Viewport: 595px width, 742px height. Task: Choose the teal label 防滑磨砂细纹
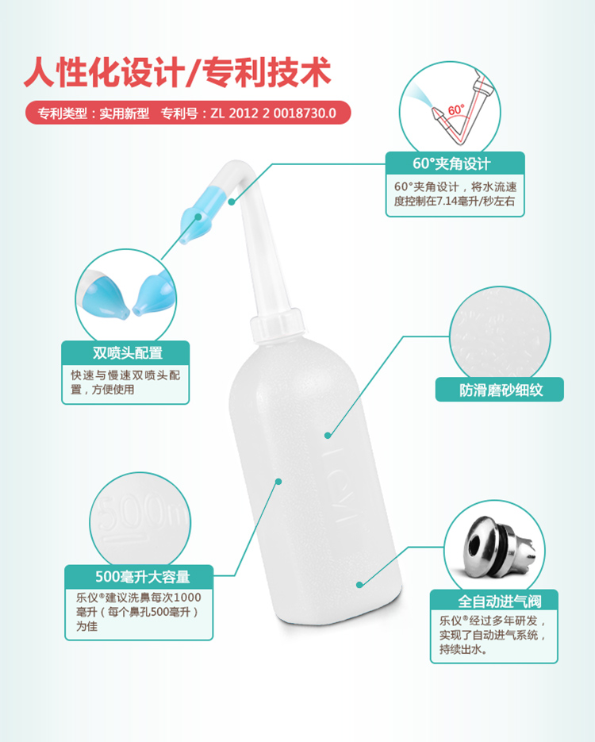tap(500, 390)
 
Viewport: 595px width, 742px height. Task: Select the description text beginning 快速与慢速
tap(125, 382)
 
